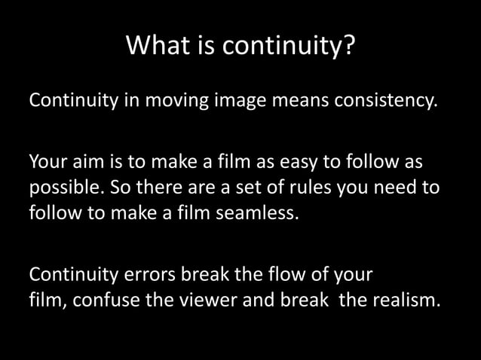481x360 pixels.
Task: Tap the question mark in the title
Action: pyautogui.click(x=348, y=47)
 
